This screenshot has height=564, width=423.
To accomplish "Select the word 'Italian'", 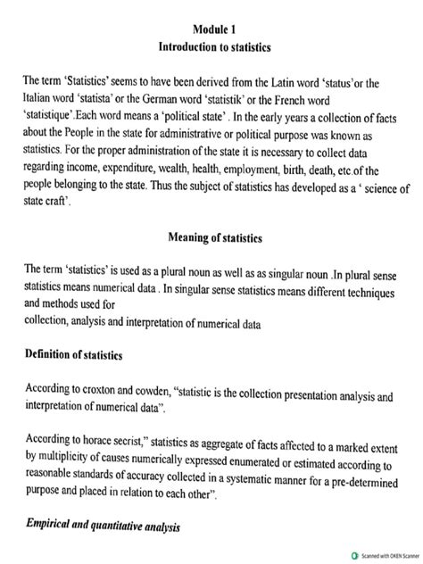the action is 41,99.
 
